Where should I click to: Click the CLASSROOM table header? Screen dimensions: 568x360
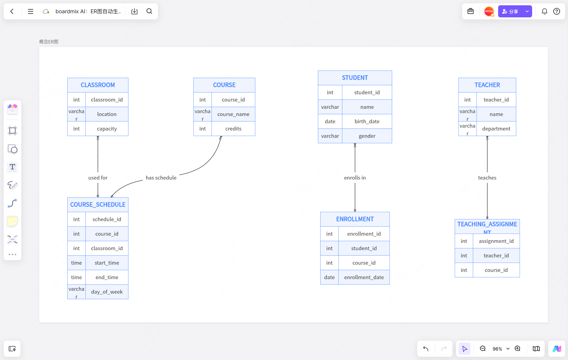97,85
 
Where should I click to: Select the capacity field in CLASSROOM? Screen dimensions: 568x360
107,129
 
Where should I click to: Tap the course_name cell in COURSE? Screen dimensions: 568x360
233,114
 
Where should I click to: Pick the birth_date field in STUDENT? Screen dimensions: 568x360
367,122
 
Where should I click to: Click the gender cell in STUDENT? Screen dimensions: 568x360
367,136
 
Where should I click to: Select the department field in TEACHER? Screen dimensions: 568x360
496,129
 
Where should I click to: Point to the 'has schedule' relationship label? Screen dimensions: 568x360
161,178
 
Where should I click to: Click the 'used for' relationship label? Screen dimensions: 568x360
98,178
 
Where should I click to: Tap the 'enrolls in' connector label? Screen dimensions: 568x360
355,178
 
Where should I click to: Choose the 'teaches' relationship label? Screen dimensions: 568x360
487,178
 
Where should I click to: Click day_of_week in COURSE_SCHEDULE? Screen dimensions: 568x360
107,292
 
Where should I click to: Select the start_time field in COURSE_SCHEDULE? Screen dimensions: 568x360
107,263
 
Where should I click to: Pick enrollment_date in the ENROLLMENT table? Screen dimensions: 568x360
364,277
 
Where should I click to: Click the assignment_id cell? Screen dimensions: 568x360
496,241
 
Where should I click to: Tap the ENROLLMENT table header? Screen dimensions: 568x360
355,219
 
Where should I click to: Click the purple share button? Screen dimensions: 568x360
510,11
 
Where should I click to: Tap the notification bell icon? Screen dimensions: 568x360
545,11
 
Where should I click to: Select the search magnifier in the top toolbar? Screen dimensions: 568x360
149,11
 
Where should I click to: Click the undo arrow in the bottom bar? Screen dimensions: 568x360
426,349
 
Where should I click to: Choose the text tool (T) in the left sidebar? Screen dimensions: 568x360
12,167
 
